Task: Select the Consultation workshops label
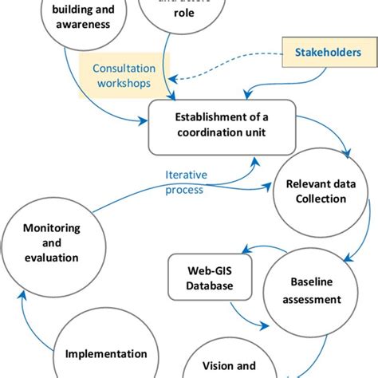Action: [x=124, y=77]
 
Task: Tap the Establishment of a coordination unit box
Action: [x=222, y=126]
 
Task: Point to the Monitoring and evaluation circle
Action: [x=50, y=242]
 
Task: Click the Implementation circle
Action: [x=106, y=351]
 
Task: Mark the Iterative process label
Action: [x=185, y=183]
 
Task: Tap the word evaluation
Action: [x=50, y=257]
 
